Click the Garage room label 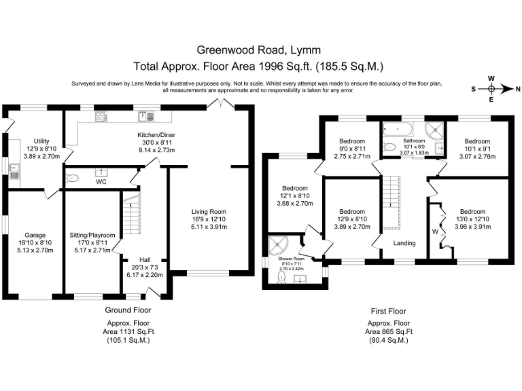(x=35, y=236)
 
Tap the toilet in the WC (x=72, y=179)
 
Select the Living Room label (x=209, y=212)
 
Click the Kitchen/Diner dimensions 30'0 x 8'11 (x=156, y=143)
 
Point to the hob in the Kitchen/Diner (x=101, y=116)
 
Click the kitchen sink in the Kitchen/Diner (x=146, y=116)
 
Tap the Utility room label (x=41, y=141)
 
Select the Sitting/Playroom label (x=92, y=236)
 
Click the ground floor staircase (x=132, y=213)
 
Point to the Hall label (x=145, y=260)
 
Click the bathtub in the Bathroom (x=398, y=128)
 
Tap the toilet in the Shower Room (x=281, y=277)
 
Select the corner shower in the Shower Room (x=278, y=244)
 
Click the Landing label (x=404, y=243)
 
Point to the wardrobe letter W (x=435, y=232)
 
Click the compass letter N (x=518, y=89)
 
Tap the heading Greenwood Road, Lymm (x=259, y=50)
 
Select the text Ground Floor (x=128, y=310)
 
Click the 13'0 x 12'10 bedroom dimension (x=473, y=219)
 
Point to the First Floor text (x=389, y=311)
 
